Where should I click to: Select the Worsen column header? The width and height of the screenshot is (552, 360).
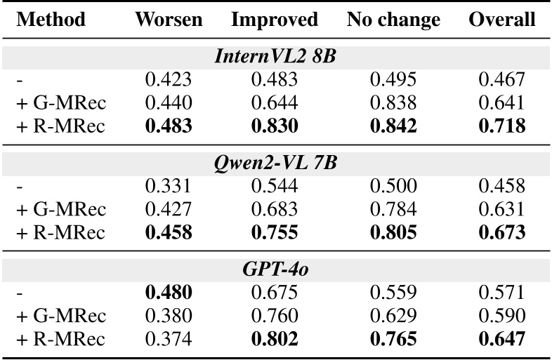[168, 20]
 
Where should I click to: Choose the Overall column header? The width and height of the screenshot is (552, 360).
[501, 20]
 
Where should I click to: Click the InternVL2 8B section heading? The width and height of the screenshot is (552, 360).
[275, 57]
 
